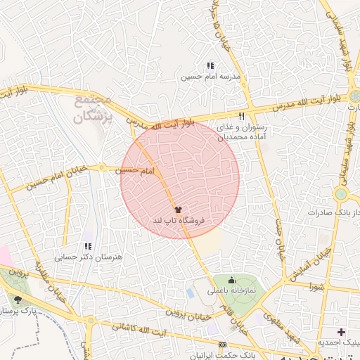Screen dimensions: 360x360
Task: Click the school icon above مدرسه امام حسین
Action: [210, 65]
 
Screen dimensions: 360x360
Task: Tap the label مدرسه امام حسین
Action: [210, 75]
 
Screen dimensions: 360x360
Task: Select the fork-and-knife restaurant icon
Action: [241, 116]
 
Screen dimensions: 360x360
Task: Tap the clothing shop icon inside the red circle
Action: [177, 210]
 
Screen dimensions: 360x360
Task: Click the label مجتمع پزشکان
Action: [93, 109]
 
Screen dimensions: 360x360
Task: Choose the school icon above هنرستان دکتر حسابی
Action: [88, 246]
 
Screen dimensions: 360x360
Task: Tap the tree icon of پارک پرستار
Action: [17, 300]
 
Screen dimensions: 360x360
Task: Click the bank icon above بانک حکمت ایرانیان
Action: [222, 345]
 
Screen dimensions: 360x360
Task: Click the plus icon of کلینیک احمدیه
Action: [342, 331]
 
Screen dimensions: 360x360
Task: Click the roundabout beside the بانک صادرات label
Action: [341, 193]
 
